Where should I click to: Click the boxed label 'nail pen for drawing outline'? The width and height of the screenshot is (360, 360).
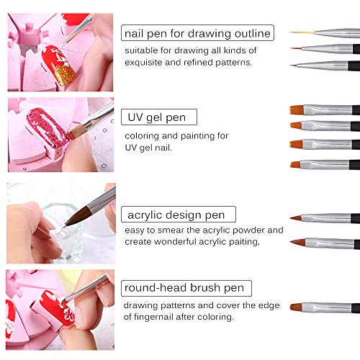[x=197, y=32]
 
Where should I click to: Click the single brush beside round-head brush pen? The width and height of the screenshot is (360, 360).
[x=324, y=307]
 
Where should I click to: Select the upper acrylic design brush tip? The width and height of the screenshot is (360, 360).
[x=298, y=217]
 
